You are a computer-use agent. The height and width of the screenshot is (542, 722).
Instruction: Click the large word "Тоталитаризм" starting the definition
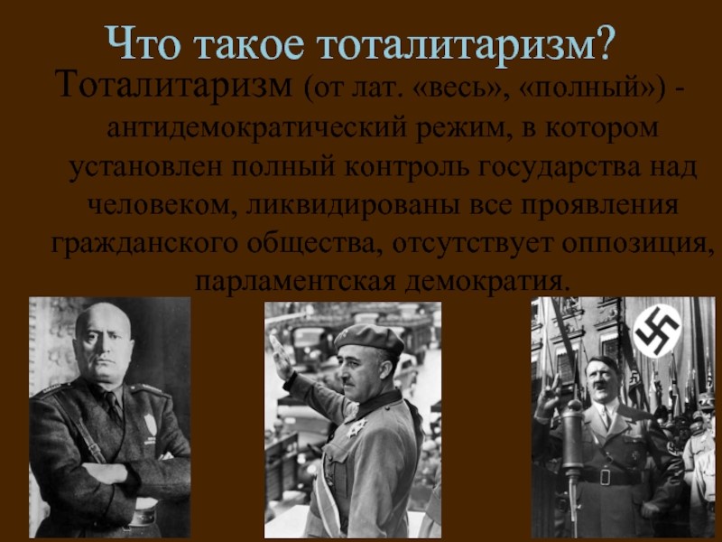(x=175, y=87)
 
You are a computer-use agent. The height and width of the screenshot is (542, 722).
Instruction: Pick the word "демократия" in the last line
(x=487, y=282)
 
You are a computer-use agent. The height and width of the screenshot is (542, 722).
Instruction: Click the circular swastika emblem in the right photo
(x=656, y=330)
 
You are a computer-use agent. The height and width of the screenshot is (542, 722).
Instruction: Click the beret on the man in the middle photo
(x=369, y=338)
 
